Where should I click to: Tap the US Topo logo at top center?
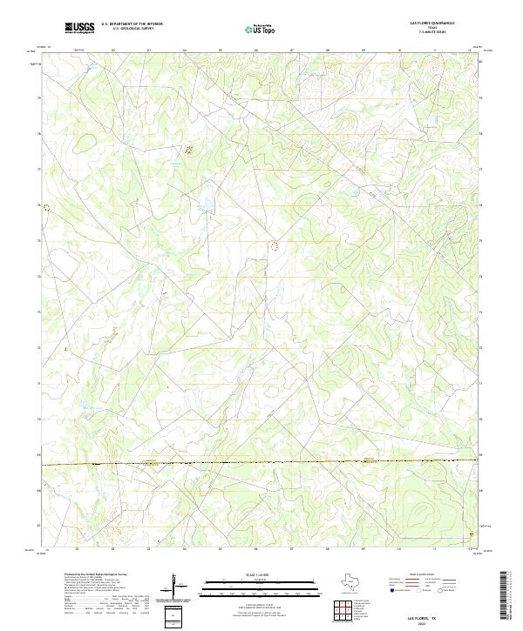[x=261, y=29]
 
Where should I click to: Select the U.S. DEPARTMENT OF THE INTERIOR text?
[x=132, y=24]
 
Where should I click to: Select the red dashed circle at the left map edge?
[x=48, y=208]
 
